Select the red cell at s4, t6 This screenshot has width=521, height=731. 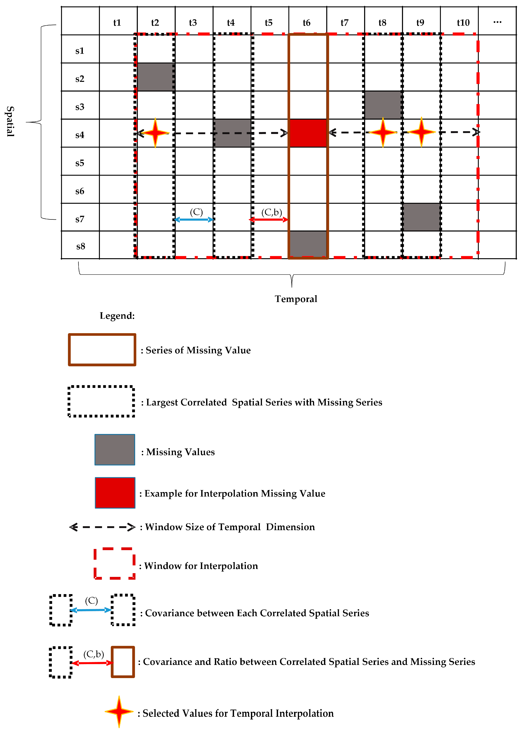pos(308,133)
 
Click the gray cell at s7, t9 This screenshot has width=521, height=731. pos(421,217)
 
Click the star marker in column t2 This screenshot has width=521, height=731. pos(155,133)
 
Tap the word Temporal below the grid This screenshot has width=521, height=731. pos(296,299)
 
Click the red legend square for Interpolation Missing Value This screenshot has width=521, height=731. pos(115,493)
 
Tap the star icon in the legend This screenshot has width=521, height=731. pos(119,711)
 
